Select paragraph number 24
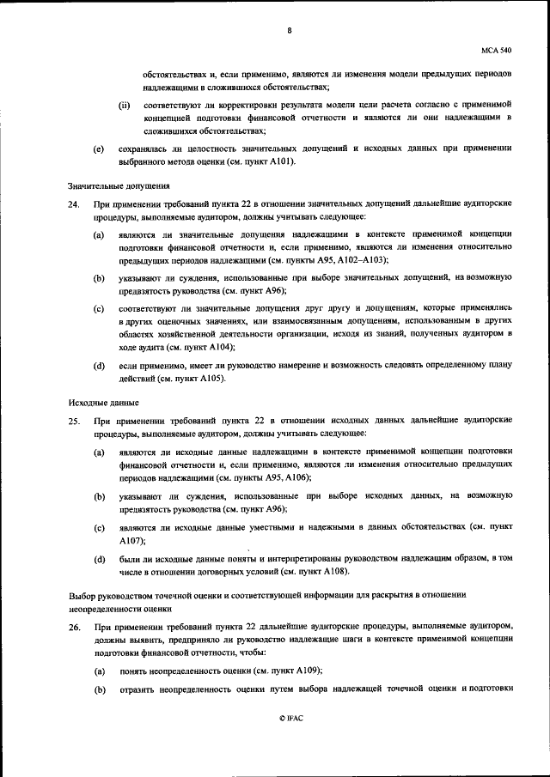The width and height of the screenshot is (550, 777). pyautogui.click(x=73, y=205)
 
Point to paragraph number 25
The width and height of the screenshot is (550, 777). pyautogui.click(x=73, y=421)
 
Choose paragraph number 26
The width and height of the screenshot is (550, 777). pyautogui.click(x=73, y=629)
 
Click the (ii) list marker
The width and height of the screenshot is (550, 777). pyautogui.click(x=125, y=106)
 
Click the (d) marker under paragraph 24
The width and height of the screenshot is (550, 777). pyautogui.click(x=99, y=366)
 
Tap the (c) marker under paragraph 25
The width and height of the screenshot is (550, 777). pyautogui.click(x=99, y=528)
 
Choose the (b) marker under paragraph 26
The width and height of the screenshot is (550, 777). pyautogui.click(x=99, y=689)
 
